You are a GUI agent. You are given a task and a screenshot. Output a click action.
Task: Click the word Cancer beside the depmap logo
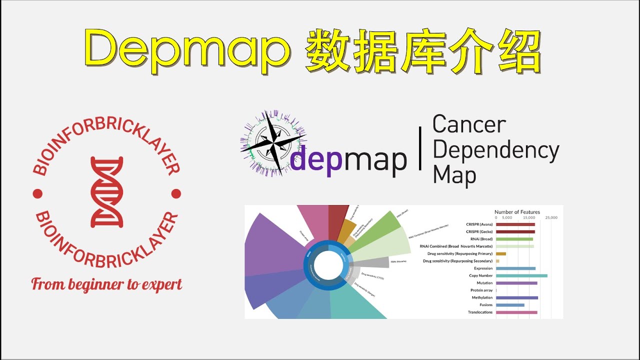pyautogui.click(x=469, y=124)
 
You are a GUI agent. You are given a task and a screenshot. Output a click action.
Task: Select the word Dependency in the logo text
pyautogui.click(x=495, y=150)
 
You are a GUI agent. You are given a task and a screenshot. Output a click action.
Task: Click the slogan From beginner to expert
pyautogui.click(x=106, y=284)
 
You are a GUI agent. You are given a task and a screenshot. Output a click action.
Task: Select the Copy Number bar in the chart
pyautogui.click(x=521, y=275)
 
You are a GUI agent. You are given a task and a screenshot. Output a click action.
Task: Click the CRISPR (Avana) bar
pyautogui.click(x=515, y=224)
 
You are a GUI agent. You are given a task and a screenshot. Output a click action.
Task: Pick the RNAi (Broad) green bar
pyautogui.click(x=514, y=239)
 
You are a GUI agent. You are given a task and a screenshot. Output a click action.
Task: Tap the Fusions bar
pyautogui.click(x=510, y=305)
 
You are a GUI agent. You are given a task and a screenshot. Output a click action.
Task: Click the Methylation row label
pyautogui.click(x=482, y=297)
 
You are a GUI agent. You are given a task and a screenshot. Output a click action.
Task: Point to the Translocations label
pyautogui.click(x=480, y=312)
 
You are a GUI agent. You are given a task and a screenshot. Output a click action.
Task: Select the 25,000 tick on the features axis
pyautogui.click(x=551, y=218)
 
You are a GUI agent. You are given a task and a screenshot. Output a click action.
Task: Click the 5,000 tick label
pyautogui.click(x=506, y=218)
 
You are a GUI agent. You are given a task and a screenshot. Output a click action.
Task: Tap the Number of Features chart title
pyautogui.click(x=517, y=212)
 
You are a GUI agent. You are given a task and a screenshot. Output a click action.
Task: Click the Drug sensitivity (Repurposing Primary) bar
pyautogui.click(x=501, y=253)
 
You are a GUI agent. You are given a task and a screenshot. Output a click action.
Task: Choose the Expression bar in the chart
pyautogui.click(x=515, y=268)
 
